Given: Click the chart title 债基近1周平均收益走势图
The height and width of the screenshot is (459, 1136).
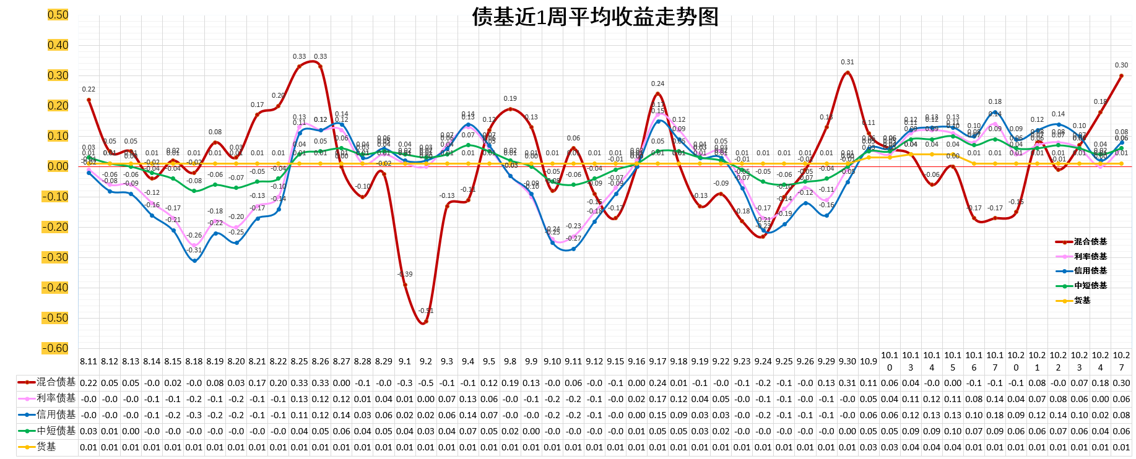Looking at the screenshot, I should (595, 17).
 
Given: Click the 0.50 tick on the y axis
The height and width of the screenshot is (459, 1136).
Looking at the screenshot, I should (58, 15).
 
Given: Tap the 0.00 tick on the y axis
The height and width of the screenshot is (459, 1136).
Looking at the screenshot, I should (58, 166).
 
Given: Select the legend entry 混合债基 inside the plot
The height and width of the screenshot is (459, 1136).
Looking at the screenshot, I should (1090, 242).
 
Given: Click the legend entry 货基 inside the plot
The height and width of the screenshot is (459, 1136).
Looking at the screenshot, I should (1082, 301).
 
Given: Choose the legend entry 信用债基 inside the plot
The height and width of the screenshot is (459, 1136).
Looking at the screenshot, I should (1090, 271).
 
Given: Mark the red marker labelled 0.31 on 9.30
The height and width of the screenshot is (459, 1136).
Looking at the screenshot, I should (848, 73).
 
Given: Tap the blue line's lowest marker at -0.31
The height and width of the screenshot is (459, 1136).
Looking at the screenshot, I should (194, 260).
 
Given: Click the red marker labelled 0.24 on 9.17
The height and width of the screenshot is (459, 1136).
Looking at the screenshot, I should (657, 94).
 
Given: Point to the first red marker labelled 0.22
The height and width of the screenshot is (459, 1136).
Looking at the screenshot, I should (89, 100).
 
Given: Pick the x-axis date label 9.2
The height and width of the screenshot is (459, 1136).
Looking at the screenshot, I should (426, 361).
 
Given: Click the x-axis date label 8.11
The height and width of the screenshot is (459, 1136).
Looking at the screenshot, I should (89, 361).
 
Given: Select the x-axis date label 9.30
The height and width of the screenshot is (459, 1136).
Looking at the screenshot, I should (848, 361).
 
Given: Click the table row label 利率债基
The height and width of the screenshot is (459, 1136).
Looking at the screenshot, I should (56, 398).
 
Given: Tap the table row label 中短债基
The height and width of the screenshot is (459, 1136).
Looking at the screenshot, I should (56, 431).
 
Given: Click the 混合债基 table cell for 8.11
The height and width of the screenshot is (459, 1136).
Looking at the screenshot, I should (89, 383).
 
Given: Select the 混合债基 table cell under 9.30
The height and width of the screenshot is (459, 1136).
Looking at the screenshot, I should (848, 383).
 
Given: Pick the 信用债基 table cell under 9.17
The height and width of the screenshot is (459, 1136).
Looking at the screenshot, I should (657, 415).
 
